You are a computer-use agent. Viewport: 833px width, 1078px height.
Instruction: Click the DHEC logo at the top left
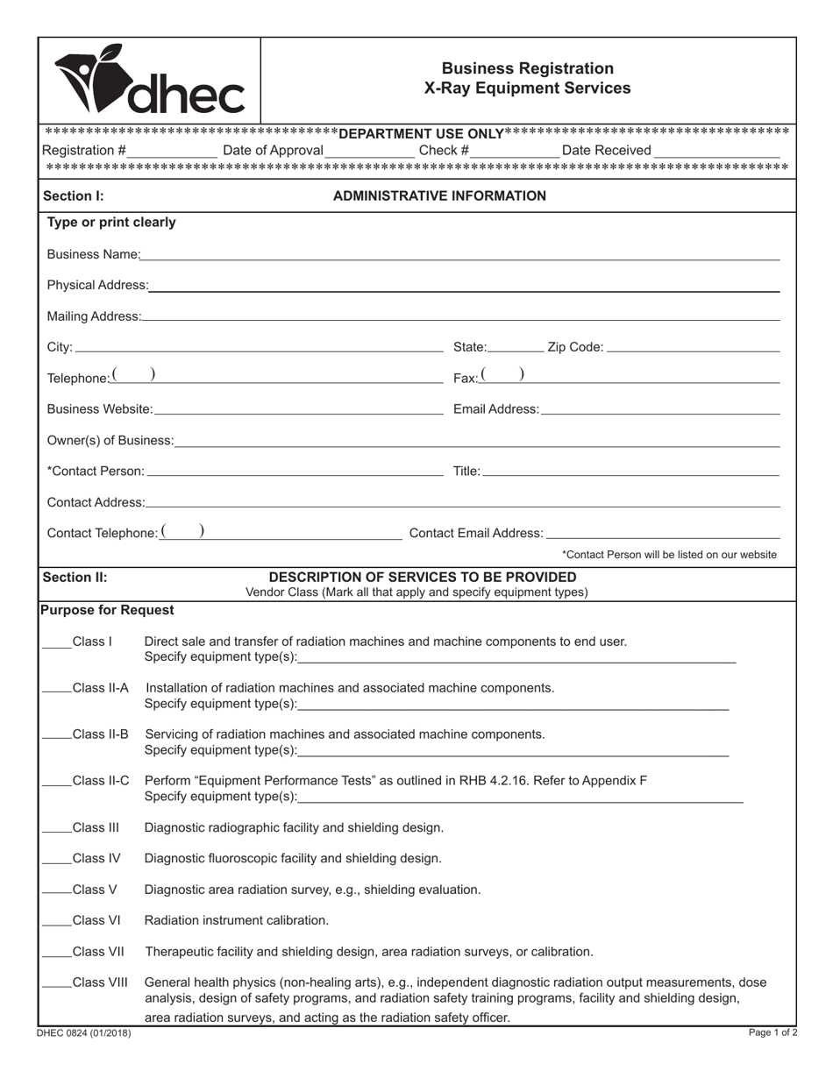[x=149, y=81]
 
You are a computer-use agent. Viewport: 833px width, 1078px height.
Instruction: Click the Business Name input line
[x=459, y=254]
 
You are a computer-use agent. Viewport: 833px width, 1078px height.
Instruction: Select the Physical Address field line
[x=464, y=285]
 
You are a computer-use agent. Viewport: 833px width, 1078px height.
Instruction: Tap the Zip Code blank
[x=693, y=347]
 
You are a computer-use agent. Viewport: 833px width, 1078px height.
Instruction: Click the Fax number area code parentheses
[x=503, y=376]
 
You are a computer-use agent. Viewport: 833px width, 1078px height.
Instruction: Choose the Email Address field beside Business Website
[x=659, y=409]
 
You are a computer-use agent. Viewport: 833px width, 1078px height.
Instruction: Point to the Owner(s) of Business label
[x=110, y=440]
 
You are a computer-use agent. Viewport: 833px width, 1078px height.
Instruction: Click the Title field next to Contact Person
[x=630, y=472]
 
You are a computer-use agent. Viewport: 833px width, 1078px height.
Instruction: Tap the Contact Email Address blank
[x=662, y=533]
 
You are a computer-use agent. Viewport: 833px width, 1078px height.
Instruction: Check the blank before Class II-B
[x=57, y=735]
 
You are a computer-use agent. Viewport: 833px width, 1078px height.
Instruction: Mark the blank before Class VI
[x=57, y=921]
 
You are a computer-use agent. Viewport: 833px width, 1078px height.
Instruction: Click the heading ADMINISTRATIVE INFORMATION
[x=439, y=196]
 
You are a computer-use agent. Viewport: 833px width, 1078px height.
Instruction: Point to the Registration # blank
[x=172, y=151]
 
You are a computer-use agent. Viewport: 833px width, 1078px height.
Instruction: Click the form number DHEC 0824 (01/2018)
[x=84, y=1033]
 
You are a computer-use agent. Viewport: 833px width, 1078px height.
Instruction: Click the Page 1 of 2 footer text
[x=772, y=1033]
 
